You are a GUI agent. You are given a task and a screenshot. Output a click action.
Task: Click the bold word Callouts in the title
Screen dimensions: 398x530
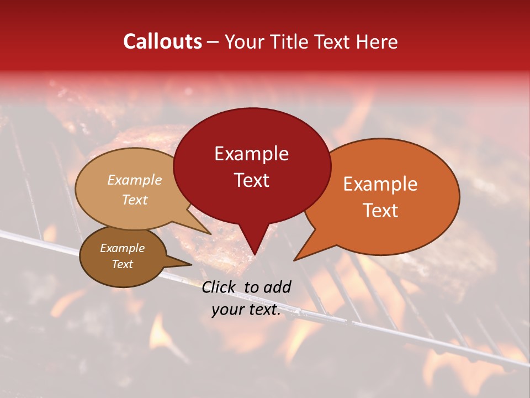pos(162,41)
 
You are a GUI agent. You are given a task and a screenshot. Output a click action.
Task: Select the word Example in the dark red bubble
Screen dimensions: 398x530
pos(251,154)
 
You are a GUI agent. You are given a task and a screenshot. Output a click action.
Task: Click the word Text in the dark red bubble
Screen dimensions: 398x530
pos(251,180)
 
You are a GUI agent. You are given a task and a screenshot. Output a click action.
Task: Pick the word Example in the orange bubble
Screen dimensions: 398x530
pos(380,184)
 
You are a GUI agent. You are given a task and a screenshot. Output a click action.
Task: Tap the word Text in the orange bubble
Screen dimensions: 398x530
pos(380,210)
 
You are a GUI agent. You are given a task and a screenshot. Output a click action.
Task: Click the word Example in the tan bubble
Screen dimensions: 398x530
pos(135,180)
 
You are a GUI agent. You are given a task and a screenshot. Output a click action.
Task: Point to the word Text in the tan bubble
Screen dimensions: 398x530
pos(135,200)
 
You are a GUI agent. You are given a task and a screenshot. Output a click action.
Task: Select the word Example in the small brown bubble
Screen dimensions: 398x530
pos(122,248)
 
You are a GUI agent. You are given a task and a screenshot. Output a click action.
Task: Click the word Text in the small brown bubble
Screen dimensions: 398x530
pos(122,264)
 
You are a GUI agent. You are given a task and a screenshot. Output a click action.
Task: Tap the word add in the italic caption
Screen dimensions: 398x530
pos(278,287)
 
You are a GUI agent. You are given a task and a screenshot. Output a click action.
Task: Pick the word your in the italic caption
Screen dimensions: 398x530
pos(227,310)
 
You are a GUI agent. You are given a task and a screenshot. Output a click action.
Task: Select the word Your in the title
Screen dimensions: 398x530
pos(243,41)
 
